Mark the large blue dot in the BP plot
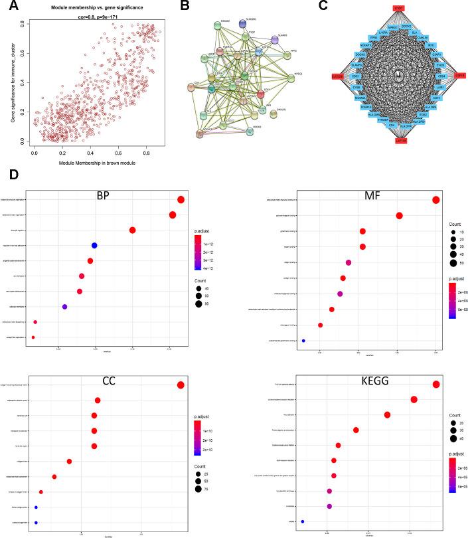(x=94, y=246)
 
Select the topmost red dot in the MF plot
(x=435, y=200)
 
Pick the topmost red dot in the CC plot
(x=180, y=385)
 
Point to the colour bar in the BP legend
(x=198, y=250)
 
